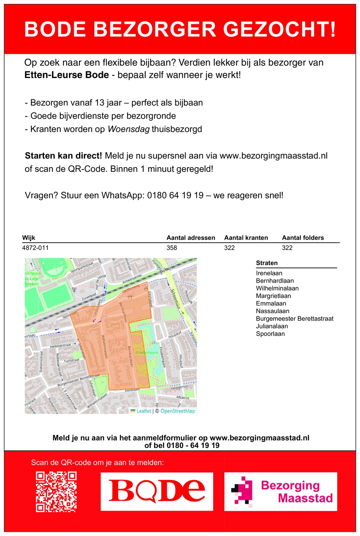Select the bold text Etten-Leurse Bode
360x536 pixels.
[67, 75]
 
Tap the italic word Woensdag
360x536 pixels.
[128, 129]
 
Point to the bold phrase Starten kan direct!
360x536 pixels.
[63, 156]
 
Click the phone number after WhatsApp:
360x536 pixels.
[175, 195]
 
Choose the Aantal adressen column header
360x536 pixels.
[191, 238]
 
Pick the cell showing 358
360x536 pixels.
[172, 248]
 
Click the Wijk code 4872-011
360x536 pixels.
[36, 248]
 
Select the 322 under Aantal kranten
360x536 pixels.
[229, 248]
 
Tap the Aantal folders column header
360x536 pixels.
[303, 238]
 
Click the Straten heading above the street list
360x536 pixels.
[267, 263]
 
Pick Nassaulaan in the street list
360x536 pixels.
[272, 311]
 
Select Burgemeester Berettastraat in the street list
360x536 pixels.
[295, 319]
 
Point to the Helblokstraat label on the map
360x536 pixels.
[61, 346]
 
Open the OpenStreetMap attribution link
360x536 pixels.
[178, 411]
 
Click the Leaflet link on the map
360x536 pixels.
[144, 411]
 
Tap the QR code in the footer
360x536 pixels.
[56, 492]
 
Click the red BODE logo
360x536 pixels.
[157, 491]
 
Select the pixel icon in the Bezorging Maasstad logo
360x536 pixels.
[242, 491]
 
